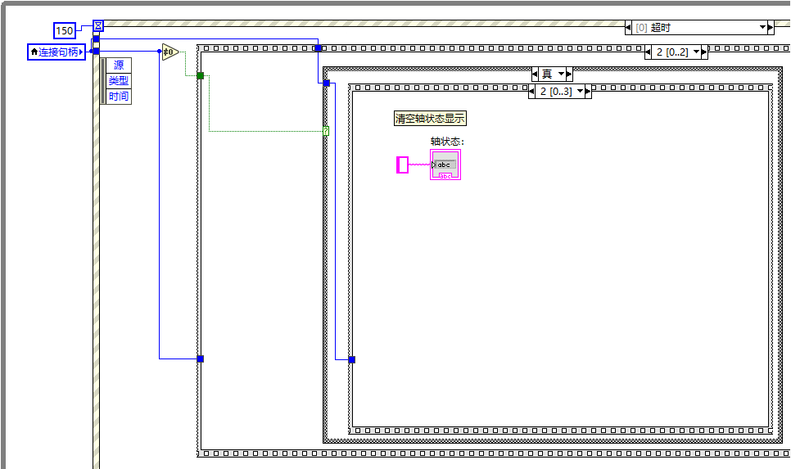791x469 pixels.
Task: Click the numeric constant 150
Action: tap(65, 31)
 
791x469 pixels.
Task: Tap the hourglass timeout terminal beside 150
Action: tap(98, 25)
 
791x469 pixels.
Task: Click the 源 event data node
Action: tap(119, 65)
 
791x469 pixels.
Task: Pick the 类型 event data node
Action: tap(119, 81)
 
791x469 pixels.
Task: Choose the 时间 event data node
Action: tap(119, 97)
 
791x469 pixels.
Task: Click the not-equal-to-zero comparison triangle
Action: tap(169, 52)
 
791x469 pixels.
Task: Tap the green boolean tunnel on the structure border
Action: tap(200, 75)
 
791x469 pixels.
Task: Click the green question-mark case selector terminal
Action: tap(326, 131)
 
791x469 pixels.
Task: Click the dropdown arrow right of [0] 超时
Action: tap(762, 28)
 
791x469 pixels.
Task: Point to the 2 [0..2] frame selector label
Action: tap(671, 52)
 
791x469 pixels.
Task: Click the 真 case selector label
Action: tap(547, 74)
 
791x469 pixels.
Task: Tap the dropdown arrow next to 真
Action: tap(562, 74)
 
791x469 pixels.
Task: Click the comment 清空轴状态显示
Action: tap(430, 119)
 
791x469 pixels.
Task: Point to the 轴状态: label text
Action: tap(447, 142)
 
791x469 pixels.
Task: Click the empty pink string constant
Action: tap(402, 165)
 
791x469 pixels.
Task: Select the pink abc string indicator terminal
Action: tap(445, 165)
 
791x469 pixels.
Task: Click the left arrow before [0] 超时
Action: tap(630, 28)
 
